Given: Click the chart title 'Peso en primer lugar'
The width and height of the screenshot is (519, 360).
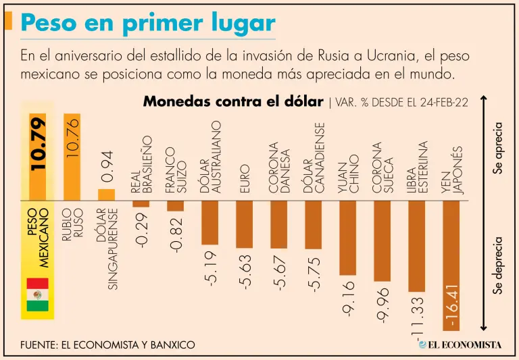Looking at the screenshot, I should [x=148, y=24].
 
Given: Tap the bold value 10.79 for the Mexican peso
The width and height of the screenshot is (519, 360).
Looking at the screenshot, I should [x=39, y=144].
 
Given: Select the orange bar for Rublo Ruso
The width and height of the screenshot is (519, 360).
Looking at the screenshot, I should [x=72, y=157].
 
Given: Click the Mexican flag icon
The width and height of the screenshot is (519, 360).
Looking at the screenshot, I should [x=38, y=294].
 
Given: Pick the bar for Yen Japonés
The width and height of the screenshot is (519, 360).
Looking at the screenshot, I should [x=451, y=265].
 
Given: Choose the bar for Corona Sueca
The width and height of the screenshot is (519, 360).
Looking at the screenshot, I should [x=382, y=240].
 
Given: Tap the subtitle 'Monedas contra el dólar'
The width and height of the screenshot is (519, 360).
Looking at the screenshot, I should [x=233, y=102].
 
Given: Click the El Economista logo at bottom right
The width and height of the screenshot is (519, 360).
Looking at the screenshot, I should [x=460, y=344].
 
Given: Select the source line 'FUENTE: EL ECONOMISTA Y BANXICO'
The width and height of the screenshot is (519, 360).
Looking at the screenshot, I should [x=108, y=345].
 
